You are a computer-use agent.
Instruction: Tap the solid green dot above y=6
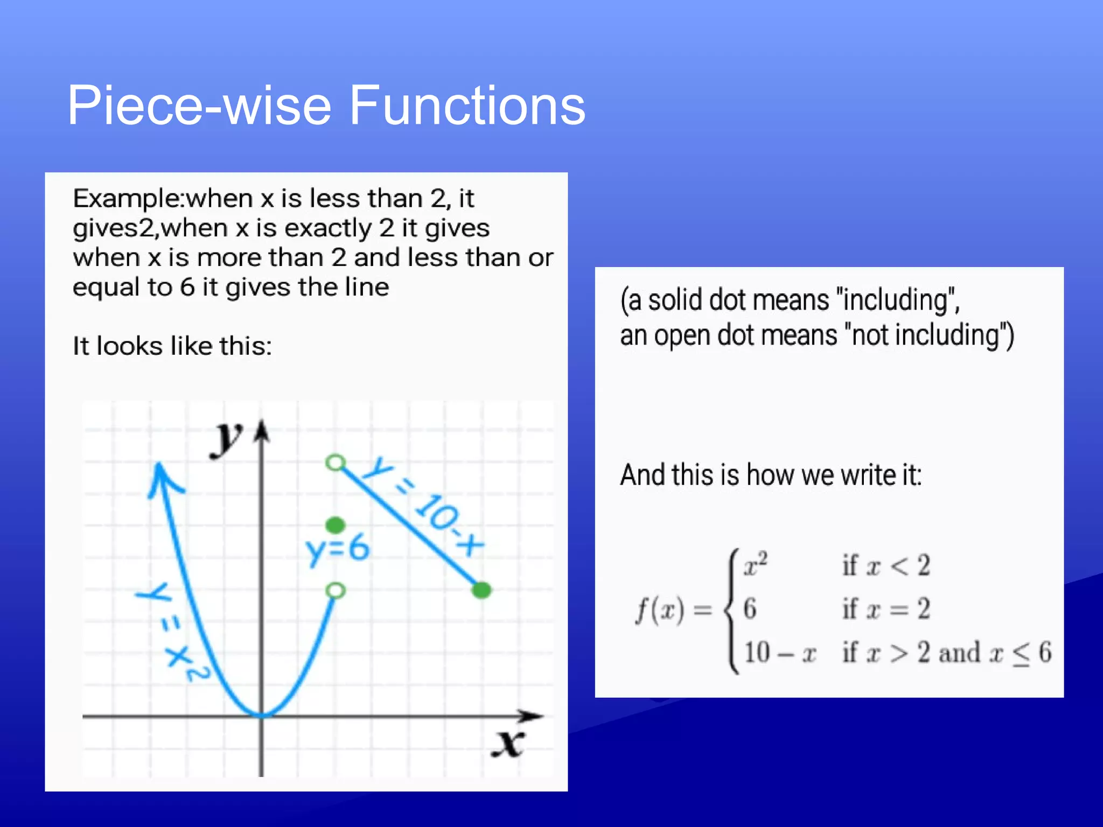tap(336, 524)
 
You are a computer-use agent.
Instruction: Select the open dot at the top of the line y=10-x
tap(336, 462)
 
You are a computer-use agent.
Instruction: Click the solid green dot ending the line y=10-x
tap(481, 590)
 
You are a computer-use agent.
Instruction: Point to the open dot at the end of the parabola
tap(336, 591)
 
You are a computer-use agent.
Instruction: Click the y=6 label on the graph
tap(338, 550)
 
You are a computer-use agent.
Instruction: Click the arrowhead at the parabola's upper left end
tap(162, 476)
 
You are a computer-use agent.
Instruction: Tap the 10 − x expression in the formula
tap(780, 653)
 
